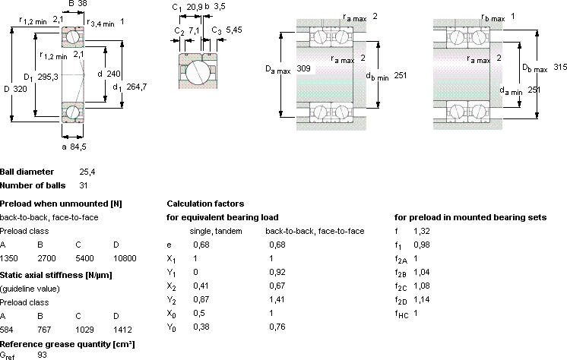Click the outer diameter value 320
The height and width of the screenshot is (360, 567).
tap(21, 89)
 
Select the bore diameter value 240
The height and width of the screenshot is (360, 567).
tap(113, 74)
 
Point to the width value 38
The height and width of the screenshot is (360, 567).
tap(82, 4)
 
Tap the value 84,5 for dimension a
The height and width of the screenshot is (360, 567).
tap(78, 147)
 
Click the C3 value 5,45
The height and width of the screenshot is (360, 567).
tap(234, 30)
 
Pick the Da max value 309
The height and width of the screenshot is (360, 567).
tap(303, 68)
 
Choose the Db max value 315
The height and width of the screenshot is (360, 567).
tap(560, 67)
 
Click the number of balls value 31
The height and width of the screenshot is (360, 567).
tap(84, 185)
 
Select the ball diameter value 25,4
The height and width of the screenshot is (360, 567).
tap(87, 172)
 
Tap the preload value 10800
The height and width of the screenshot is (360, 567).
tap(125, 258)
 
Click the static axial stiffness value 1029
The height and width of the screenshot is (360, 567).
tap(84, 330)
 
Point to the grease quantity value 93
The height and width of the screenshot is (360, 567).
tap(43, 355)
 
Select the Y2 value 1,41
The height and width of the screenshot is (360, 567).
tap(277, 299)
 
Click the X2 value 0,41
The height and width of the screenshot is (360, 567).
tap(201, 286)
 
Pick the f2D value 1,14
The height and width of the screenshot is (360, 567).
tap(422, 299)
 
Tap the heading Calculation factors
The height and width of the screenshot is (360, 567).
tap(205, 204)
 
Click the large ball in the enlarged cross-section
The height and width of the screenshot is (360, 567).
tap(198, 71)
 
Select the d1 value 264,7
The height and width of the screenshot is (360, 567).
tap(137, 87)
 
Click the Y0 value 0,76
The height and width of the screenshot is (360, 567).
tap(277, 327)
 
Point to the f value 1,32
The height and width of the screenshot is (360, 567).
tap(422, 231)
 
